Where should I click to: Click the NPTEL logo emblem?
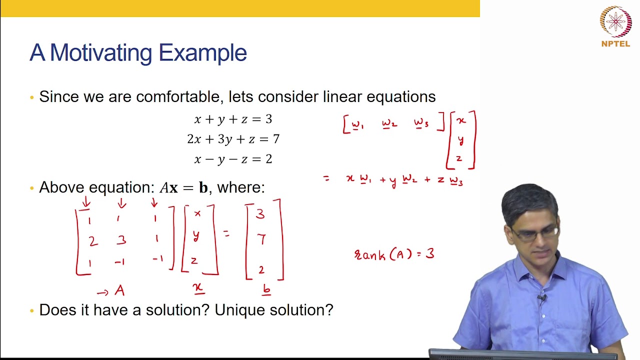coord(615,22)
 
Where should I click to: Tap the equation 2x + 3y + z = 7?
coord(233,139)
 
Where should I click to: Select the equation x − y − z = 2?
coord(233,159)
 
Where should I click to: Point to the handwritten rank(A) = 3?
coord(394,254)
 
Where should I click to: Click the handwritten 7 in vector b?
coord(261,240)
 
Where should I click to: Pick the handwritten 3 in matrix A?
coord(121,240)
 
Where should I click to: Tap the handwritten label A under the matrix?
coord(119,290)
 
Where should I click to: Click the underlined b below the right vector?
coord(266,289)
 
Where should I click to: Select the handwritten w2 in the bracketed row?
coord(389,124)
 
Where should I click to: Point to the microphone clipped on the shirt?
coord(541,299)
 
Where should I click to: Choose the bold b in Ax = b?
coord(203,188)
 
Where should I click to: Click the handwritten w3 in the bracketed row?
coord(421,124)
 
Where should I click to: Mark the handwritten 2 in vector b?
coord(261,270)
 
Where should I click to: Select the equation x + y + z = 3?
coord(233,119)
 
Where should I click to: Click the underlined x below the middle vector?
coord(198,287)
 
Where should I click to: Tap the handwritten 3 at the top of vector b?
coord(260,214)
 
